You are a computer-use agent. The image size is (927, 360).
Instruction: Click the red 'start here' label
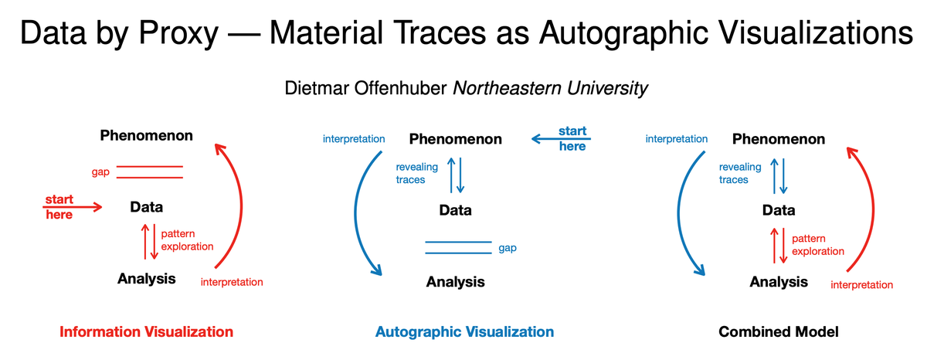coord(59,207)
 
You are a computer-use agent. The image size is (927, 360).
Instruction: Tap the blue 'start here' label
coord(572,138)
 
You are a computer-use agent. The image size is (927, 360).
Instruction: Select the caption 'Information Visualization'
coord(146,332)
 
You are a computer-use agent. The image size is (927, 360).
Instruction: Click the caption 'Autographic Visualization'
coord(464,332)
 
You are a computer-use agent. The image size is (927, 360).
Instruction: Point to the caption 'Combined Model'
coord(778,332)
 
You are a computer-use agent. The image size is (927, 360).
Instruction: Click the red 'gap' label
coord(100,172)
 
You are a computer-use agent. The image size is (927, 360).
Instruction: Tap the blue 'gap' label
coord(508,248)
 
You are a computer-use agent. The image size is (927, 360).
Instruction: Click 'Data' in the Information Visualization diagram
coord(146,207)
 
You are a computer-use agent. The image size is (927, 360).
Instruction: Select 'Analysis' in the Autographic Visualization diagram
coord(455,282)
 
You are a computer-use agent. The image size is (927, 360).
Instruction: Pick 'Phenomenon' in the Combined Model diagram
coord(778,140)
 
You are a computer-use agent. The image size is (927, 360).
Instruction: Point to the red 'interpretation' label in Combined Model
coord(861,285)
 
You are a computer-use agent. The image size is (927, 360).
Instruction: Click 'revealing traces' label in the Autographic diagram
coord(416,173)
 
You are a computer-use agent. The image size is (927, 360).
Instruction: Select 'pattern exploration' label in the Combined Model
coord(818,245)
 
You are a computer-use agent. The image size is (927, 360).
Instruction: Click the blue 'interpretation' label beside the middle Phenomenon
coord(353,139)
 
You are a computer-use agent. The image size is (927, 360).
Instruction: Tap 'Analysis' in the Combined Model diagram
coord(778,282)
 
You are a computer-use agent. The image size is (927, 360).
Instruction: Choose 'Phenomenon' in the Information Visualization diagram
coord(146,136)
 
